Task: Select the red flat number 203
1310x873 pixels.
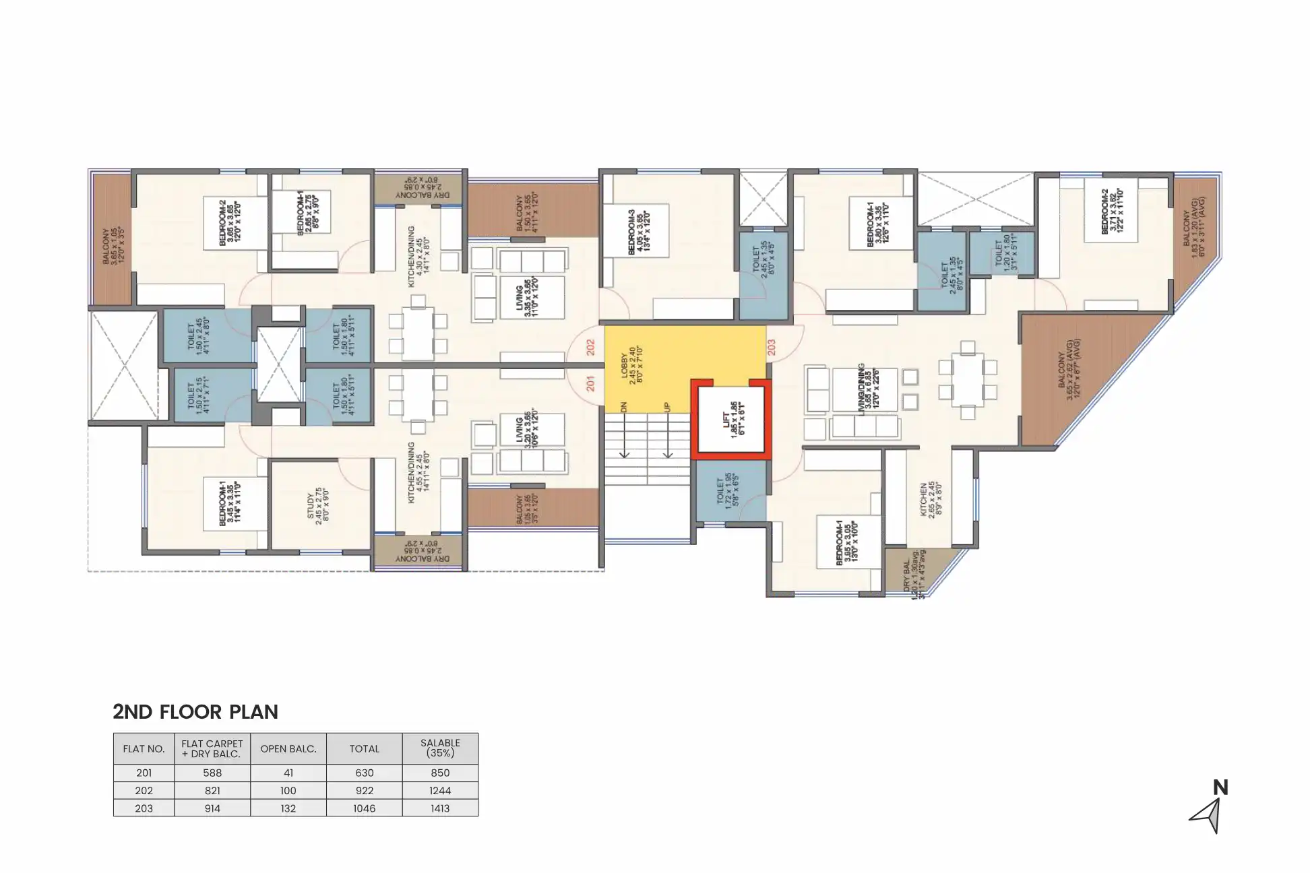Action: [771, 347]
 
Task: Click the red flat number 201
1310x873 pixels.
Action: [591, 384]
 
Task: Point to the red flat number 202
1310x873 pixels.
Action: [591, 348]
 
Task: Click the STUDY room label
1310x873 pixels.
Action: [315, 506]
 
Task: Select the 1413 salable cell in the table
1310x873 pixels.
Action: [440, 808]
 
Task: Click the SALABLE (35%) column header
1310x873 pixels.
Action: [440, 748]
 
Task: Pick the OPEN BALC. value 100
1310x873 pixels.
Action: [288, 791]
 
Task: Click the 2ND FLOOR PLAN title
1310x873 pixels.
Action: [195, 712]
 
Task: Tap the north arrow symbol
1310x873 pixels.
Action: [1207, 815]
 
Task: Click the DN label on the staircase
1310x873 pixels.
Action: [624, 408]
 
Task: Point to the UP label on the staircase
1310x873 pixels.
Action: [667, 408]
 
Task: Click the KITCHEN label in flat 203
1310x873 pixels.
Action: [927, 499]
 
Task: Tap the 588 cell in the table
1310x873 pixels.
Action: [212, 773]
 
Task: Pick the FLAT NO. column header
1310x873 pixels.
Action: [144, 748]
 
